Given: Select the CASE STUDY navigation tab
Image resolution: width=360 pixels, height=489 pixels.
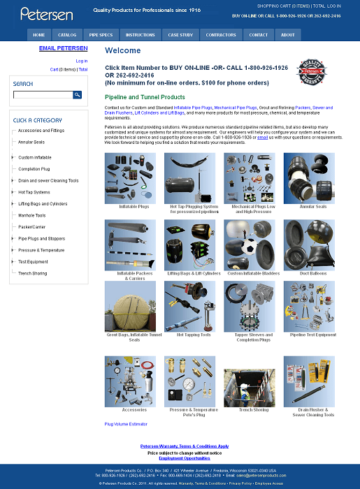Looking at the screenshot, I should point(180,34).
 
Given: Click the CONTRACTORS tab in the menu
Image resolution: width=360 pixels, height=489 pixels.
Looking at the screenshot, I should point(221,34).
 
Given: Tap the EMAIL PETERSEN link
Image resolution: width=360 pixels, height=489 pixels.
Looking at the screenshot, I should point(63,48).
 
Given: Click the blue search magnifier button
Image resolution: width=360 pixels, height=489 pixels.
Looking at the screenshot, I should point(78,95).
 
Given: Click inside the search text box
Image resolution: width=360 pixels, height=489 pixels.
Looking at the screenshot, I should point(43,95).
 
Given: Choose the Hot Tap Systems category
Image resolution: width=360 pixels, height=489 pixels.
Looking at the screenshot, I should point(34,192).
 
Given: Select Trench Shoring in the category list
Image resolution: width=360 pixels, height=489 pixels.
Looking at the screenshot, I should point(33,273).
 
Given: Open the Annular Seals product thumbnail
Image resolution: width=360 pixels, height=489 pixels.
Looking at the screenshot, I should point(309,178).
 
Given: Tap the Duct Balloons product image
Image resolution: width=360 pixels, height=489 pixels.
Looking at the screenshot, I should point(309,245).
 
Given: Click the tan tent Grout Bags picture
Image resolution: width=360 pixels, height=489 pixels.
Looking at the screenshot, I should point(130,306).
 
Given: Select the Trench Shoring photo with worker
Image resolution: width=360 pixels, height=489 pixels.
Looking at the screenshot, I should point(250,381).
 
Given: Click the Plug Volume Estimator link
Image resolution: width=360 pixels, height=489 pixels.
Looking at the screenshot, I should point(126,424).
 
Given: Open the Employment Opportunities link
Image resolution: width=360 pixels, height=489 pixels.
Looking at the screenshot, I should point(185,458).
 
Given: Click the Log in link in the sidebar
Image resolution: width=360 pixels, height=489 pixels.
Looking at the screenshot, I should point(81,61).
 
